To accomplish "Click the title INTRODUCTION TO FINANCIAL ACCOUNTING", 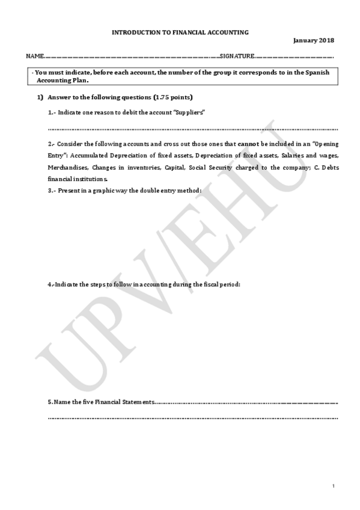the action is click(x=180, y=32).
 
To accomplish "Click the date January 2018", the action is click(x=314, y=40).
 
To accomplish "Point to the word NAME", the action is click(x=34, y=56).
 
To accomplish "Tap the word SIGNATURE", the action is click(x=237, y=56).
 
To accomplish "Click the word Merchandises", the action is click(x=68, y=167).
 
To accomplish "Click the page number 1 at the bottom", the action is click(x=332, y=485).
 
